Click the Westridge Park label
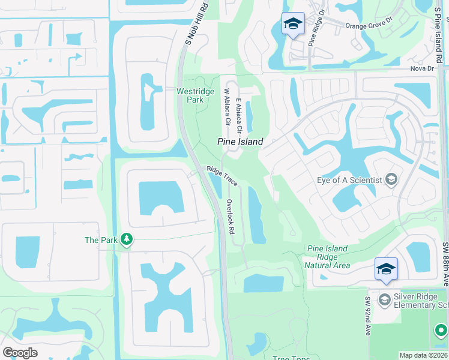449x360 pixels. pos(190,95)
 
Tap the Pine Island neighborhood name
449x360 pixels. pos(240,142)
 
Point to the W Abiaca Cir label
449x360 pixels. pos(228,107)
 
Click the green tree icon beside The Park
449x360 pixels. pos(126,240)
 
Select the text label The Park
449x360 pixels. pos(100,240)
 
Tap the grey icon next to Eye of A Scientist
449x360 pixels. pos(391,179)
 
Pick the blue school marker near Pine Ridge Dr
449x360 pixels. pos(293,24)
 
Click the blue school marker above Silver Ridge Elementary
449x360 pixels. pos(386,269)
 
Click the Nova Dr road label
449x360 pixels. pos(422,68)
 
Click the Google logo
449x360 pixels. pos(20,353)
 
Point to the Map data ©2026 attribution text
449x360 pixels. pos(423,355)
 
